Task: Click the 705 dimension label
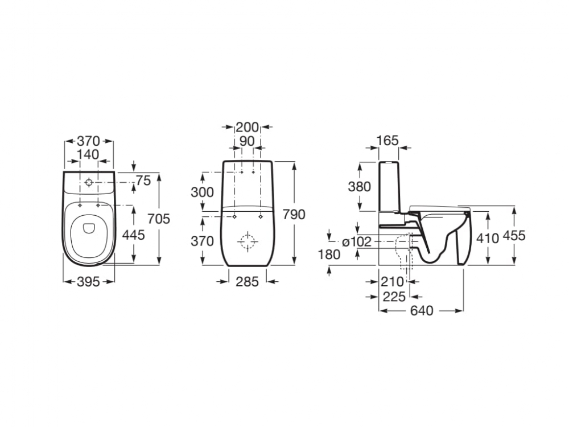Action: click(159, 219)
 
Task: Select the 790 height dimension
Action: click(294, 215)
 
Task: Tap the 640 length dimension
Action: click(422, 311)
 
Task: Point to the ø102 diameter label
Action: click(357, 241)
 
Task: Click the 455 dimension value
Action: click(514, 236)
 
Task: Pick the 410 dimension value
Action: click(488, 239)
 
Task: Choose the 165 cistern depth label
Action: click(387, 141)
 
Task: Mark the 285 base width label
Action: click(247, 282)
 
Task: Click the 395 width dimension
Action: click(89, 282)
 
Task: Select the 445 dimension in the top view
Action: click(133, 235)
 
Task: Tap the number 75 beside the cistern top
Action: click(143, 180)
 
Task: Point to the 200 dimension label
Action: click(247, 128)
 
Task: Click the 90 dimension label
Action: click(247, 141)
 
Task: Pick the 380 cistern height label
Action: click(359, 187)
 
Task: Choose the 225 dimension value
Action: click(394, 297)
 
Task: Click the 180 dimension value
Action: click(329, 254)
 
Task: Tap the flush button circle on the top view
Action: click(89, 182)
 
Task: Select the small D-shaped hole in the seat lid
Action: click(89, 228)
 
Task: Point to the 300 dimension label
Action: click(202, 192)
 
